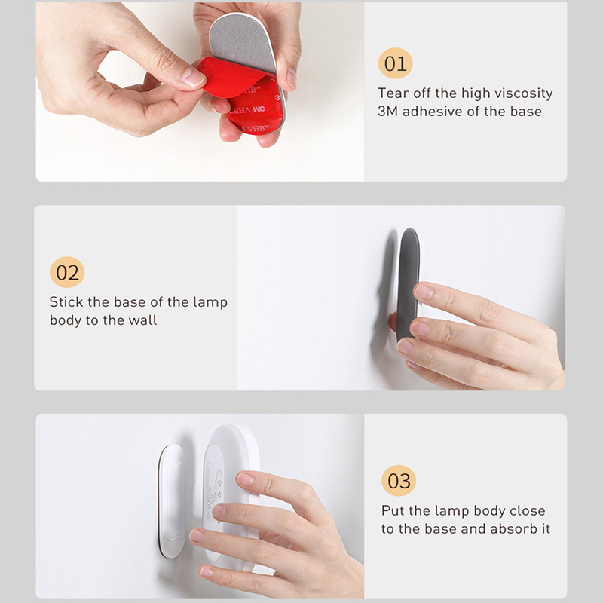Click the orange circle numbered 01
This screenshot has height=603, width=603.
[395, 63]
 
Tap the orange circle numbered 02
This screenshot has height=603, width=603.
[67, 272]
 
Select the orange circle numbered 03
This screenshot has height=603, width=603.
[399, 480]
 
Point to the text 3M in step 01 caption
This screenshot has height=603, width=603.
[387, 111]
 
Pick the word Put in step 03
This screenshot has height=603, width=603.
[392, 510]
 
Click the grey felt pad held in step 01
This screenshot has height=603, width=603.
[241, 42]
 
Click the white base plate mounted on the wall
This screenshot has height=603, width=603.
[171, 500]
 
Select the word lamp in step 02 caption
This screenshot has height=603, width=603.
[210, 302]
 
